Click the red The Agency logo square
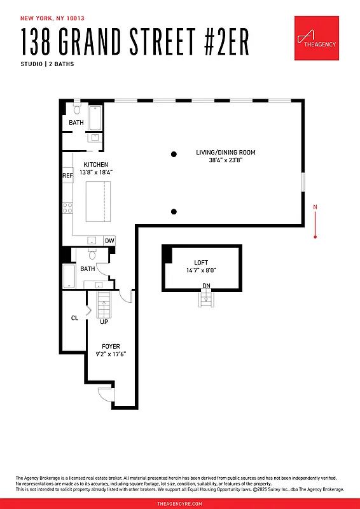(x=316, y=38)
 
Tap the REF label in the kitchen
(x=67, y=176)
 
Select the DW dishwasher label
(x=109, y=241)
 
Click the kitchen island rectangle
(x=98, y=202)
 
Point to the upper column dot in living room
(x=174, y=153)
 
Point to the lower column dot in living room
(x=174, y=211)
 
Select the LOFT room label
(x=201, y=262)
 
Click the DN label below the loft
(x=206, y=286)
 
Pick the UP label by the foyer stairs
(x=104, y=322)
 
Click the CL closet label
(x=74, y=318)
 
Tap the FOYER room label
(x=111, y=347)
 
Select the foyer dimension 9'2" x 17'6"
(x=111, y=354)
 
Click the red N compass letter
(x=315, y=207)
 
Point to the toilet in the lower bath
(x=92, y=255)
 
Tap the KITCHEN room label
(x=96, y=165)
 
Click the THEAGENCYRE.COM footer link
(x=180, y=503)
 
